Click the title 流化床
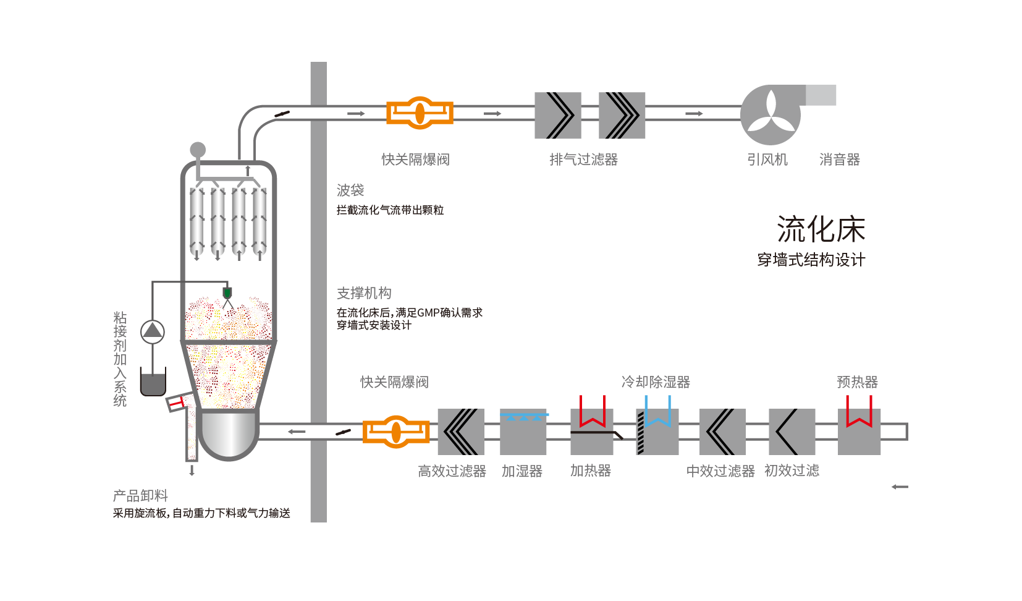(x=821, y=230)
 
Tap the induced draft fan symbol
(x=771, y=115)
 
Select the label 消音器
(x=839, y=160)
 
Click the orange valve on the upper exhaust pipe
(x=420, y=113)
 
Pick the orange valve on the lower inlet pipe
(x=396, y=432)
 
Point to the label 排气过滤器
(x=583, y=160)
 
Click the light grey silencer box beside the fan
(x=821, y=95)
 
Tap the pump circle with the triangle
(x=152, y=332)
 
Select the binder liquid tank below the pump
(x=153, y=383)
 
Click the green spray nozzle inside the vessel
(x=227, y=292)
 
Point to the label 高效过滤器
(x=452, y=471)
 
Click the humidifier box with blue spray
(x=523, y=432)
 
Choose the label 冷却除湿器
(x=655, y=382)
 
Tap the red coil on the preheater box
(x=859, y=413)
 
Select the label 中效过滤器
(x=720, y=471)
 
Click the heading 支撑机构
(x=364, y=293)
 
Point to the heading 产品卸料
(x=140, y=496)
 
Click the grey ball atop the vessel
(x=198, y=150)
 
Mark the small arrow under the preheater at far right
(x=900, y=487)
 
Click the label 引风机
(x=767, y=160)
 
